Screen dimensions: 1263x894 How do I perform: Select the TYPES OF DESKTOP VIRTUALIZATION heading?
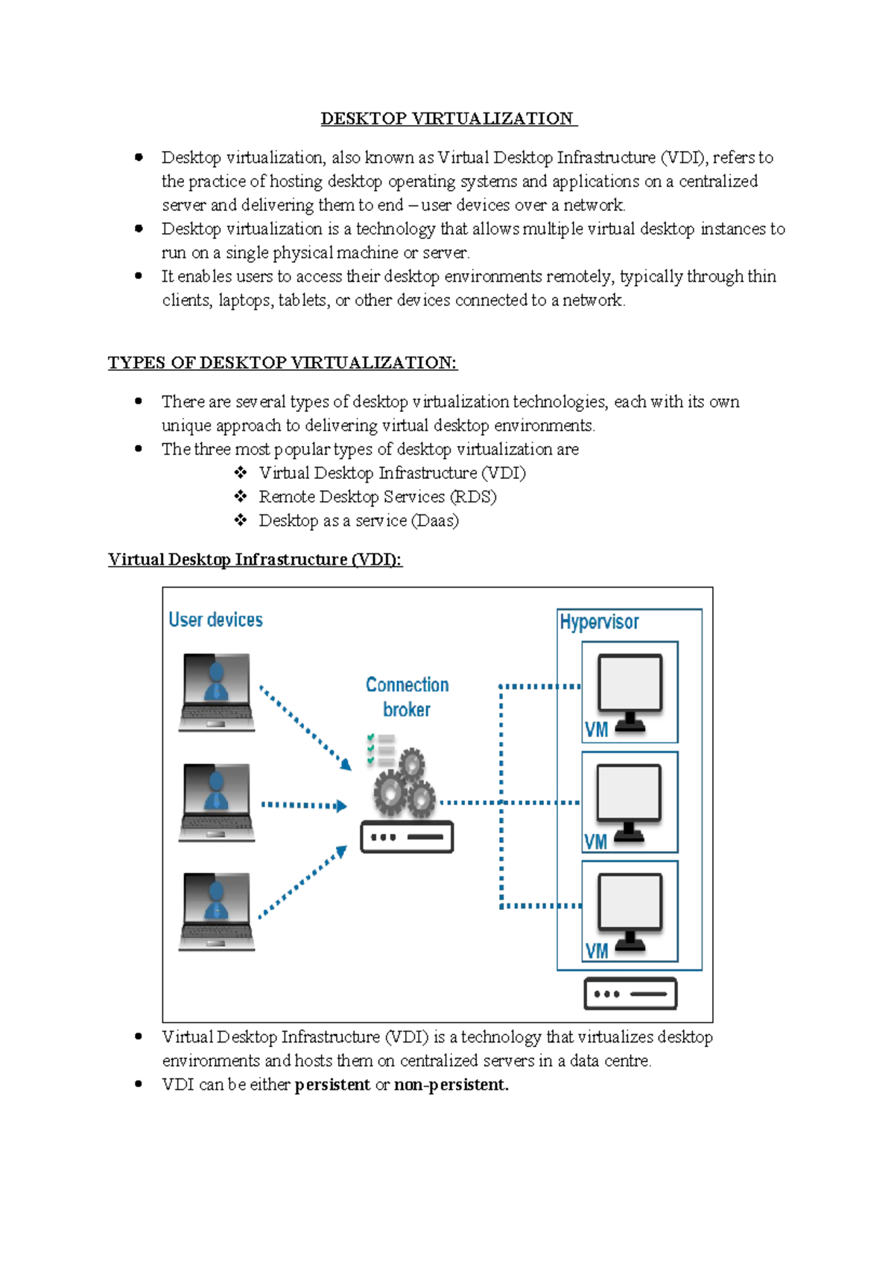282,363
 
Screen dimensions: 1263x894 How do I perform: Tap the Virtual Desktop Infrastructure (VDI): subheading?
255,559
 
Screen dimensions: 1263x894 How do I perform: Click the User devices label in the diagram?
215,620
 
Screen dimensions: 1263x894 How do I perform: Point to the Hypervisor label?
599,622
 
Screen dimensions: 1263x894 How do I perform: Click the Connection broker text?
407,696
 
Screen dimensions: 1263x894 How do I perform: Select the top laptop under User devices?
217,692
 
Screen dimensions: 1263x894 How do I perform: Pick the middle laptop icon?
217,802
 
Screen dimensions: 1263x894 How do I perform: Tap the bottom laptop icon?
217,912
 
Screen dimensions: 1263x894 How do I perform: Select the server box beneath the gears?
407,837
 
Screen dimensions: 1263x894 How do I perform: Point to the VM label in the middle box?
595,842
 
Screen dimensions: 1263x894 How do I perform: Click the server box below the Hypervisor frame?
630,994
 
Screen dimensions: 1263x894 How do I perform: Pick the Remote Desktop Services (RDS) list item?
377,497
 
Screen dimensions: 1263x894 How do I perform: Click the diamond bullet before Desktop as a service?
241,520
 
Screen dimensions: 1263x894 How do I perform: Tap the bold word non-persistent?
451,1084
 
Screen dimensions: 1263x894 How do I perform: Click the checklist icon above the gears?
381,750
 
